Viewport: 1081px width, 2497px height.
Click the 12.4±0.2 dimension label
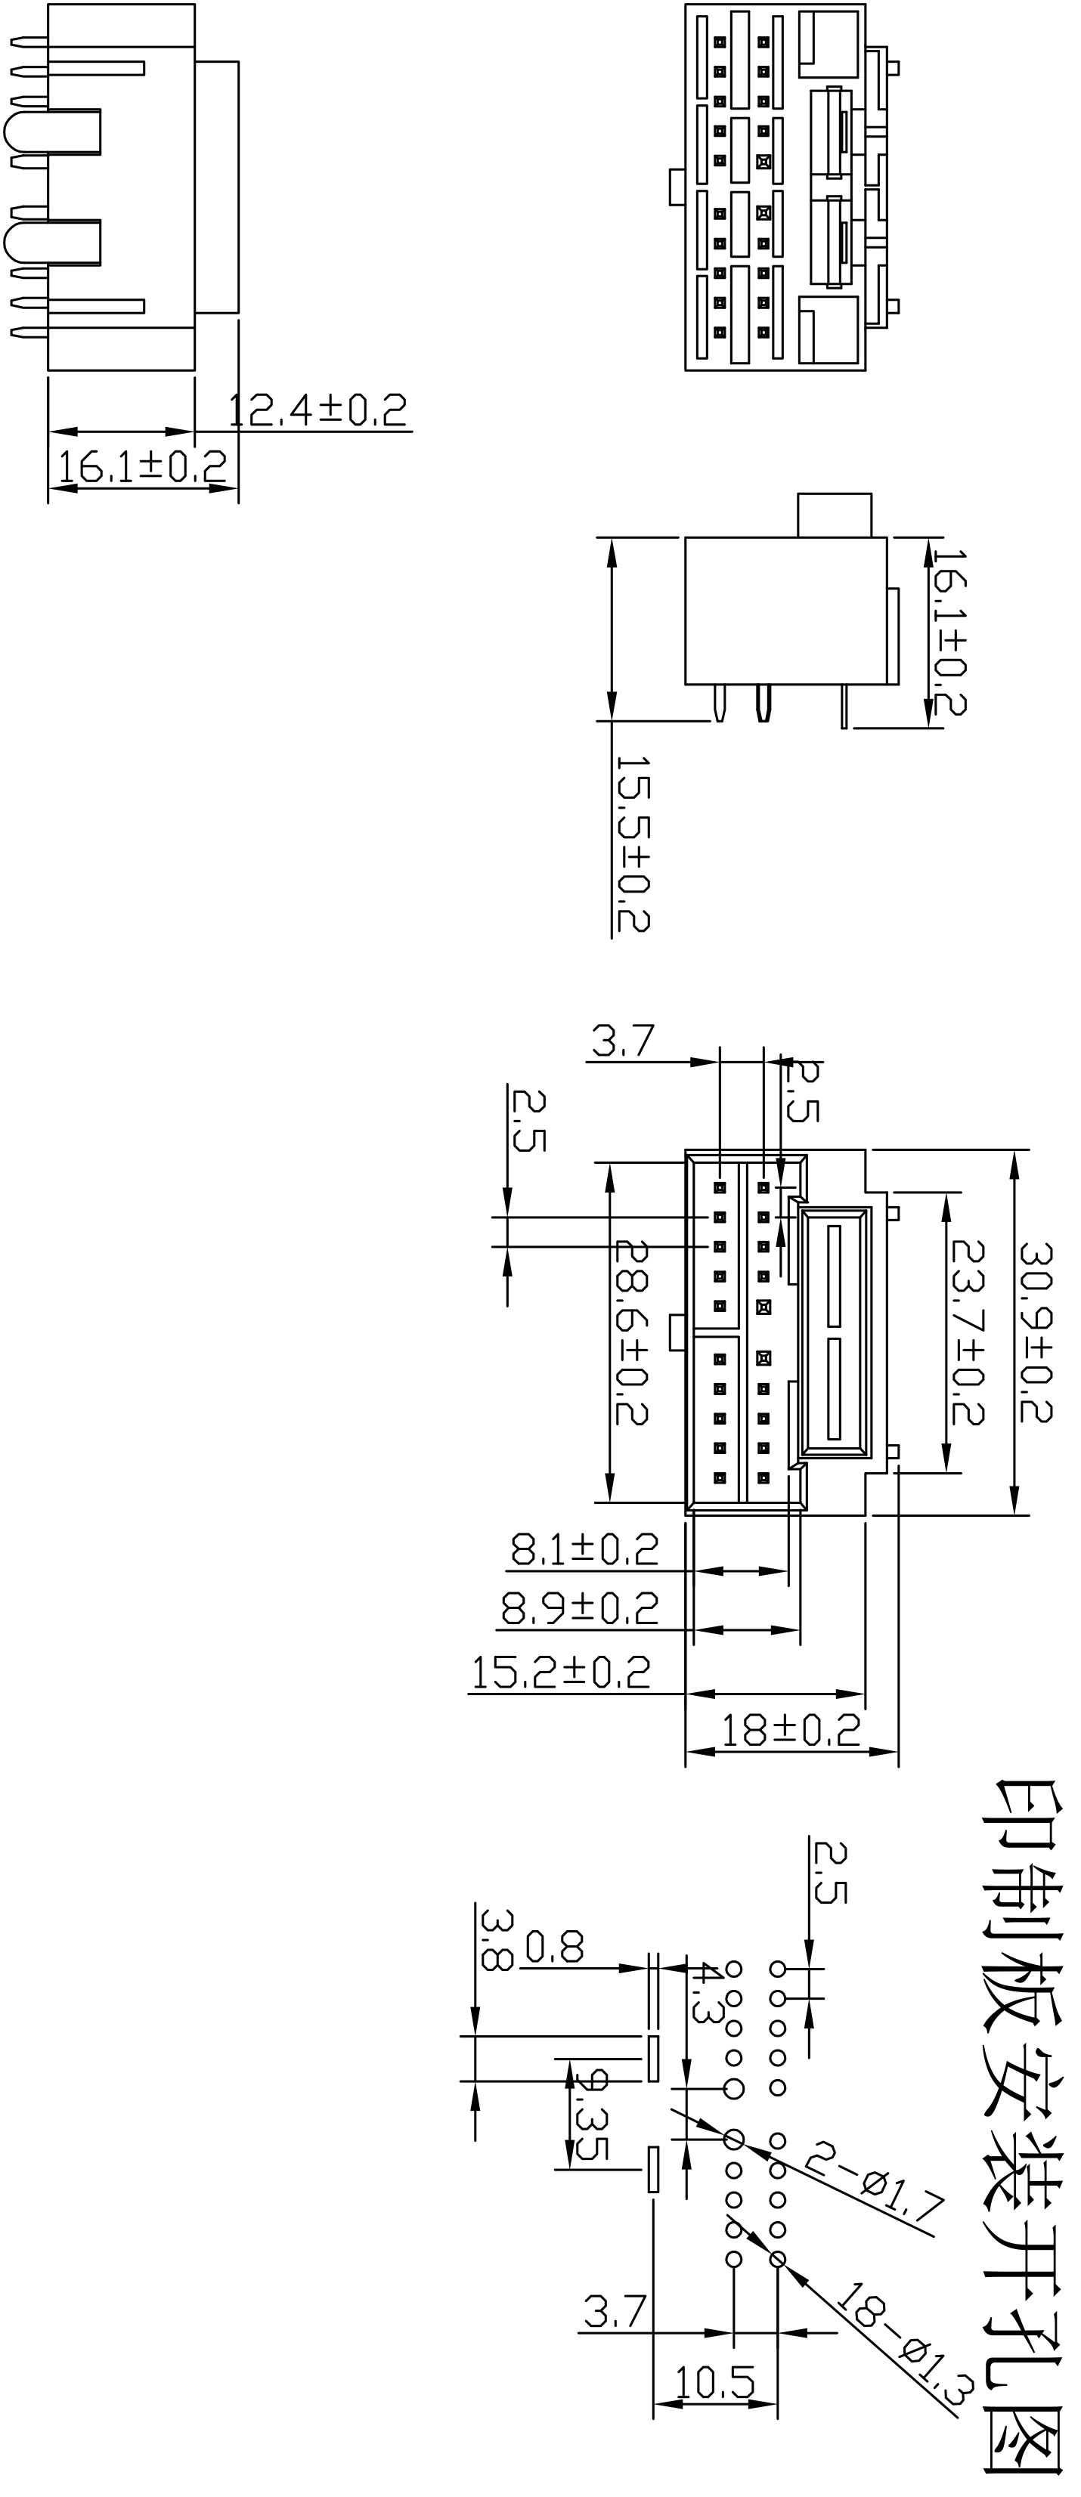pyautogui.click(x=318, y=411)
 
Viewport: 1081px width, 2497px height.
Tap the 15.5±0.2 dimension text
pyautogui.click(x=633, y=844)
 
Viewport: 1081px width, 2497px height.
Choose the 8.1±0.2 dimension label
pyautogui.click(x=584, y=1550)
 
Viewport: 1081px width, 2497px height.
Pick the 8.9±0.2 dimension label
pyautogui.click(x=580, y=1609)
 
